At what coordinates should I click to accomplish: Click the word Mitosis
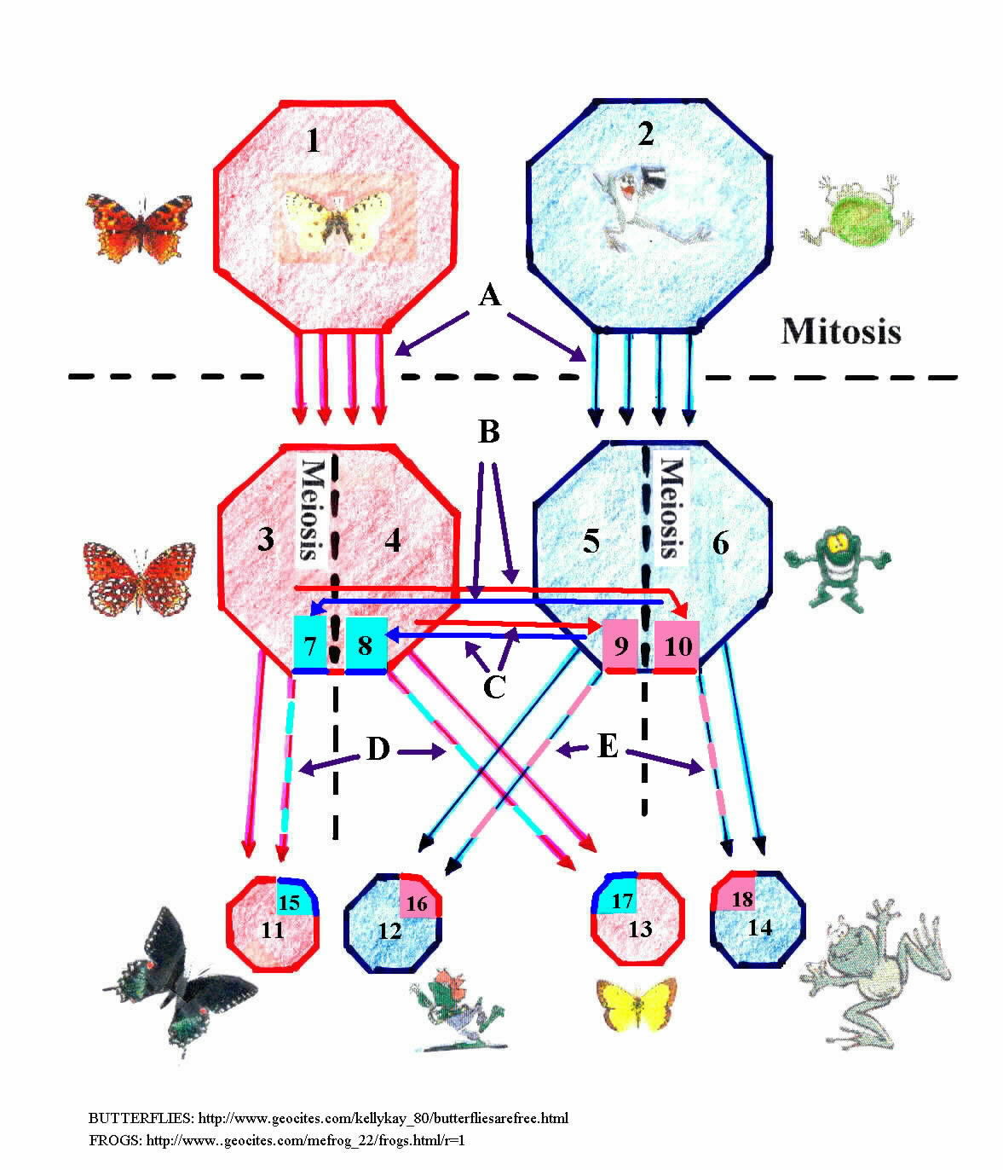click(x=840, y=331)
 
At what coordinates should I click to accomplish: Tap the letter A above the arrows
click(x=489, y=295)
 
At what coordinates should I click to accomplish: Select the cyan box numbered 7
click(x=310, y=644)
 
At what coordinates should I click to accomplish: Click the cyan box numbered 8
click(x=366, y=644)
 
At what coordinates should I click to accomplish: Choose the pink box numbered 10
click(x=677, y=645)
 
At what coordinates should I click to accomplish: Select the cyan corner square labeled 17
click(x=617, y=896)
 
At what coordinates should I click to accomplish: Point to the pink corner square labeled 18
click(x=735, y=895)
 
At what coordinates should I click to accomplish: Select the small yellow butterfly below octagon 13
click(x=637, y=1005)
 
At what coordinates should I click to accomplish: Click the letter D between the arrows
click(x=378, y=748)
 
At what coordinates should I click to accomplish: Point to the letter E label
click(x=608, y=747)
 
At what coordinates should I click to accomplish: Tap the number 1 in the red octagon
click(x=314, y=141)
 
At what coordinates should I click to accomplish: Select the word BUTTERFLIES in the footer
click(x=141, y=1119)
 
